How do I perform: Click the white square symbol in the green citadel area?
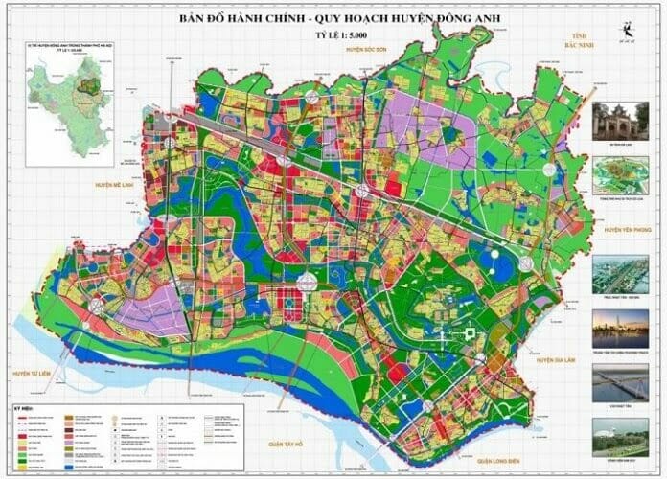(x=471, y=333)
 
